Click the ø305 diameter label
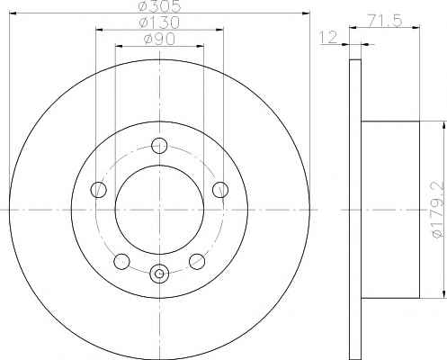[x=159, y=6]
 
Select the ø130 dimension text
[x=159, y=22]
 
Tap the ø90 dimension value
[x=159, y=39]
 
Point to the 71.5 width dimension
[x=385, y=21]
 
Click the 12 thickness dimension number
[x=329, y=37]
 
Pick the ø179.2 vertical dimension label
[x=438, y=210]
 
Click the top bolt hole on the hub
[x=159, y=146]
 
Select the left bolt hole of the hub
[x=98, y=189]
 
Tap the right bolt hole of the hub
[x=220, y=189]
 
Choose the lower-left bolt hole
[x=121, y=261]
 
